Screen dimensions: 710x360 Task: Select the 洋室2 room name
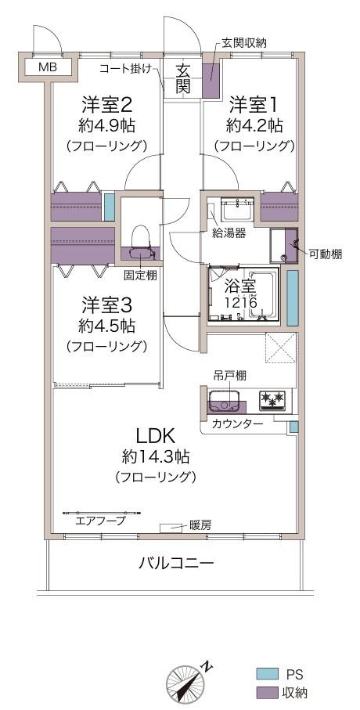tap(106, 104)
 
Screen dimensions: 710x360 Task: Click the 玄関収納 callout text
tap(244, 43)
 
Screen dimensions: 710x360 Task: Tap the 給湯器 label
tap(230, 232)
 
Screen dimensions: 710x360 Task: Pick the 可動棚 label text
tap(324, 254)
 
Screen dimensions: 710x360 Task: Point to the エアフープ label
tap(99, 519)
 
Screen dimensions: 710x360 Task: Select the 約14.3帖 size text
tap(155, 456)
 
